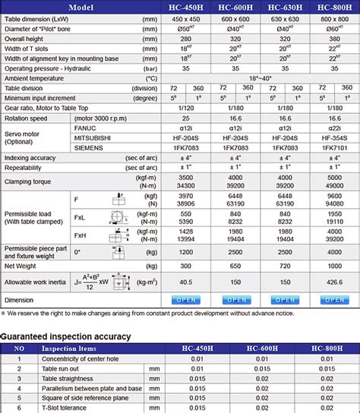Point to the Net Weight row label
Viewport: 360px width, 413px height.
[x=24, y=265]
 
